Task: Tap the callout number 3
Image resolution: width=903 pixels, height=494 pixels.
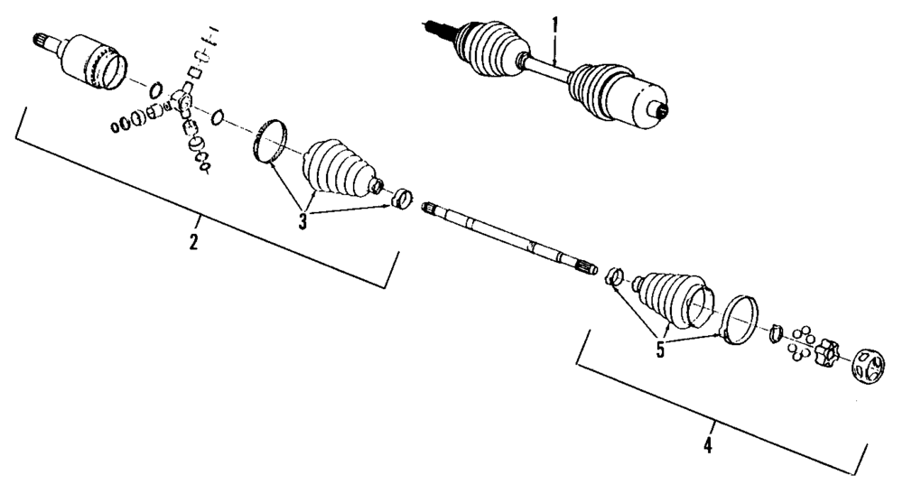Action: (x=303, y=219)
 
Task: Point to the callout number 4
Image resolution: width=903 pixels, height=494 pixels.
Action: (x=709, y=445)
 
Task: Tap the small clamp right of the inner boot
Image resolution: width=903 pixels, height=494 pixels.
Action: (x=401, y=196)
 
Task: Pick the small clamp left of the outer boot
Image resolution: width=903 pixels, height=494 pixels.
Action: (x=613, y=277)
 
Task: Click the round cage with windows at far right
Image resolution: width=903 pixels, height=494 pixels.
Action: (x=869, y=367)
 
